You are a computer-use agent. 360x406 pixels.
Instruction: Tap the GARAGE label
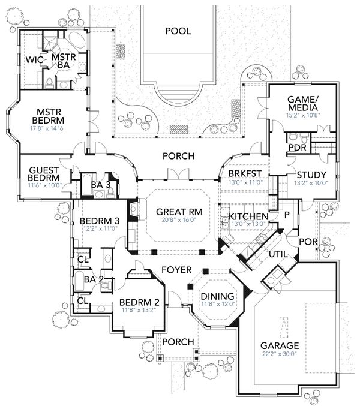pyautogui.click(x=280, y=346)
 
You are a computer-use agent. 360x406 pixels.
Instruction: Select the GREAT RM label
pyautogui.click(x=173, y=212)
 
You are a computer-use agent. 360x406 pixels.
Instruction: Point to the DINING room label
pyautogui.click(x=213, y=296)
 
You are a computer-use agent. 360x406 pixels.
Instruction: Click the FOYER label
pyautogui.click(x=177, y=270)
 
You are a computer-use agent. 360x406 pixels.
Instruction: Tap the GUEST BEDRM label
pyautogui.click(x=44, y=174)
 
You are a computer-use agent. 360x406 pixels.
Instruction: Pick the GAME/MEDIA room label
pyautogui.click(x=302, y=103)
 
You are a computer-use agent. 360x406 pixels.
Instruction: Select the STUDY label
pyautogui.click(x=310, y=175)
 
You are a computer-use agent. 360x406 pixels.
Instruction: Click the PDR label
pyautogui.click(x=298, y=148)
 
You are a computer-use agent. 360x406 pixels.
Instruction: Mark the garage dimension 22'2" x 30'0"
pyautogui.click(x=280, y=354)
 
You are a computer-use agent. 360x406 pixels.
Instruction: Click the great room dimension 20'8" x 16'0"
pyautogui.click(x=173, y=220)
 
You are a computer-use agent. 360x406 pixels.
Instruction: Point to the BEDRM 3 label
pyautogui.click(x=100, y=221)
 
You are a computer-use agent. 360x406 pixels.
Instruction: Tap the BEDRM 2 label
pyautogui.click(x=139, y=302)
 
